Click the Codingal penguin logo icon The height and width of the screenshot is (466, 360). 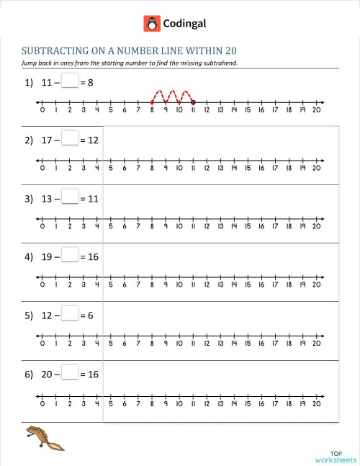click(152, 23)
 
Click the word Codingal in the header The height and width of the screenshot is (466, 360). click(185, 23)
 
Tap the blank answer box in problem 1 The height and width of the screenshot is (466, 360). click(69, 82)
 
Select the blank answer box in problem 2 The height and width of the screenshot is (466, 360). click(69, 140)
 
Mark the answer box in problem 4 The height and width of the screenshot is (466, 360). click(69, 256)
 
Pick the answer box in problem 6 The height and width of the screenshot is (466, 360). click(69, 373)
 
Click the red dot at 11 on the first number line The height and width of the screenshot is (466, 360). click(193, 103)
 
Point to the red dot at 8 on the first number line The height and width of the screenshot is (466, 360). click(152, 103)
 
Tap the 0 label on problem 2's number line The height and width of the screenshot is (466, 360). click(42, 169)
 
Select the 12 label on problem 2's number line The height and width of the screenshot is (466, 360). click(207, 169)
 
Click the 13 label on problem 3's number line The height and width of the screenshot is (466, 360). click(220, 226)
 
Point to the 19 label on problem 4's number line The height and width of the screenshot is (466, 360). click(302, 284)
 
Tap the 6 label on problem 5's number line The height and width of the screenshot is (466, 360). click(125, 343)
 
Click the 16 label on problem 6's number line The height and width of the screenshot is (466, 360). click(261, 402)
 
